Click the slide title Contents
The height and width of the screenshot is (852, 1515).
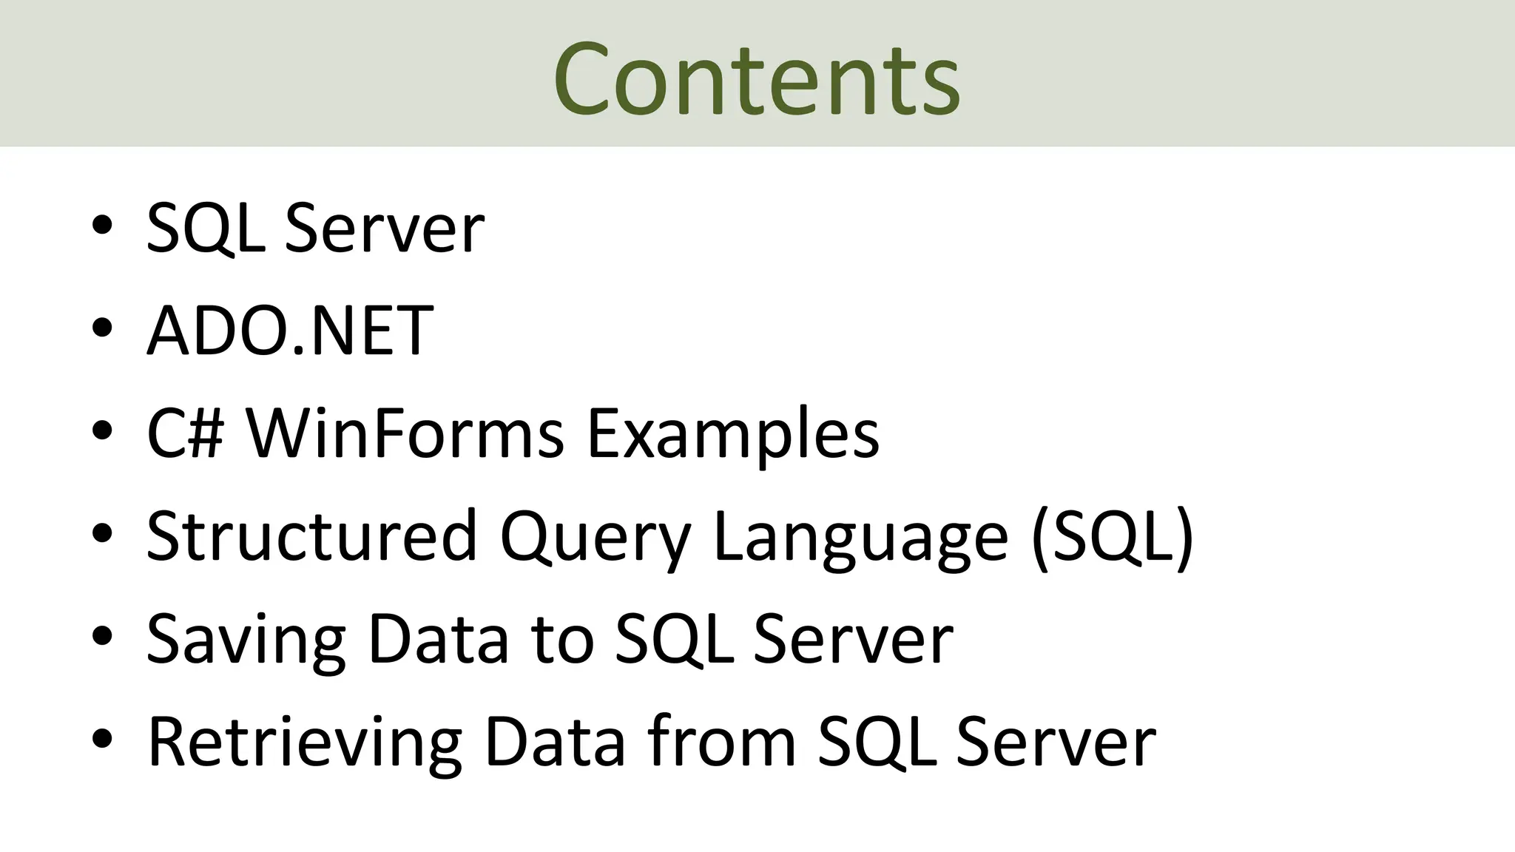point(756,78)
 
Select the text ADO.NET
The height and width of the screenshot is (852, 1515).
point(290,330)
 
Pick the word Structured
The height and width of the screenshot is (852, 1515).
point(311,535)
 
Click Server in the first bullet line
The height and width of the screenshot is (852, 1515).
point(385,229)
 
